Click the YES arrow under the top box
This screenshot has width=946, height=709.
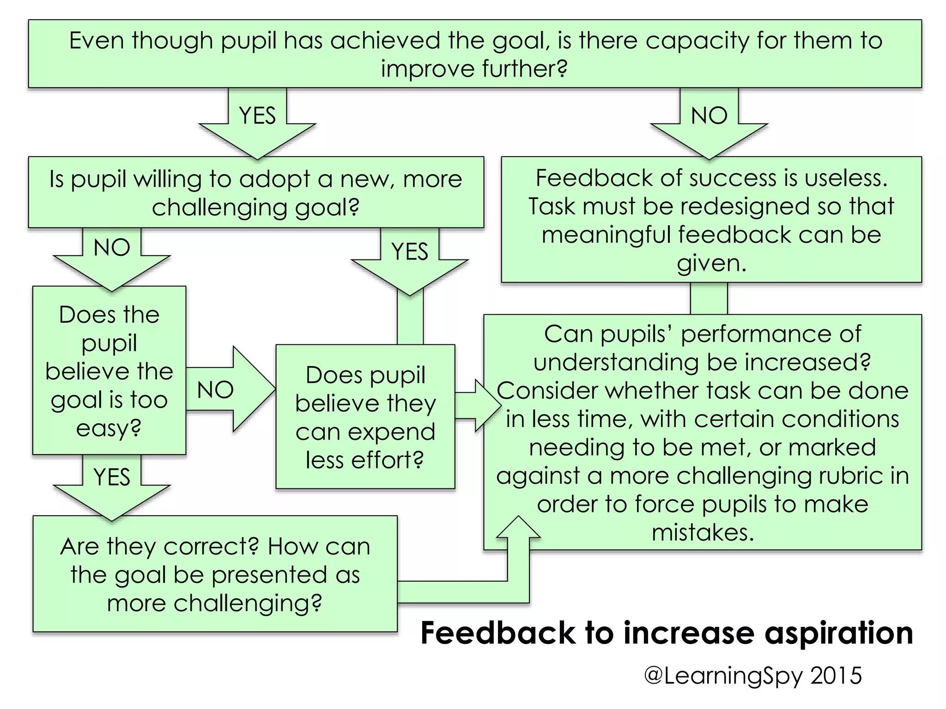pyautogui.click(x=257, y=122)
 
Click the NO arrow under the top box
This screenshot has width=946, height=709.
pyautogui.click(x=709, y=122)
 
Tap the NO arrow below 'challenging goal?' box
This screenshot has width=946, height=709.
pyautogui.click(x=112, y=256)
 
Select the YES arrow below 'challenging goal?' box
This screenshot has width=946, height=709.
pyautogui.click(x=410, y=261)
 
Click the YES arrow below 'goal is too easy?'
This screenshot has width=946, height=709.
pyautogui.click(x=112, y=485)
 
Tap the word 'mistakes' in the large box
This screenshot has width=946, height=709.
pyautogui.click(x=703, y=532)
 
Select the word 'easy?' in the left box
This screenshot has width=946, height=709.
pyautogui.click(x=109, y=428)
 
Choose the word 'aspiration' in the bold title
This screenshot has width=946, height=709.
pyautogui.click(x=838, y=633)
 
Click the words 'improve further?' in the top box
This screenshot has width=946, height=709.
pyautogui.click(x=474, y=69)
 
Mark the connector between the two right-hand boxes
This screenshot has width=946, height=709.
pyautogui.click(x=709, y=298)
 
